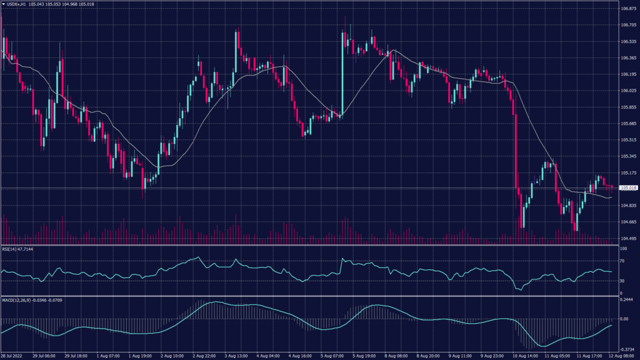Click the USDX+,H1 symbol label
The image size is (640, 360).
pyautogui.click(x=17, y=4)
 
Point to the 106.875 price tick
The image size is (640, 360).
pyautogui.click(x=628, y=9)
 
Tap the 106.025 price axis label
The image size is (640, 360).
pyautogui.click(x=628, y=91)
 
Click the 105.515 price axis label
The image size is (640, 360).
pyautogui.click(x=628, y=140)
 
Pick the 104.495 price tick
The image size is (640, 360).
pyautogui.click(x=628, y=238)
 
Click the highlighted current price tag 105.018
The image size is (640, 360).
pyautogui.click(x=628, y=187)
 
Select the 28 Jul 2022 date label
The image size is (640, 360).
pyautogui.click(x=13, y=355)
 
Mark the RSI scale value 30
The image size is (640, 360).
pyautogui.click(x=623, y=281)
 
